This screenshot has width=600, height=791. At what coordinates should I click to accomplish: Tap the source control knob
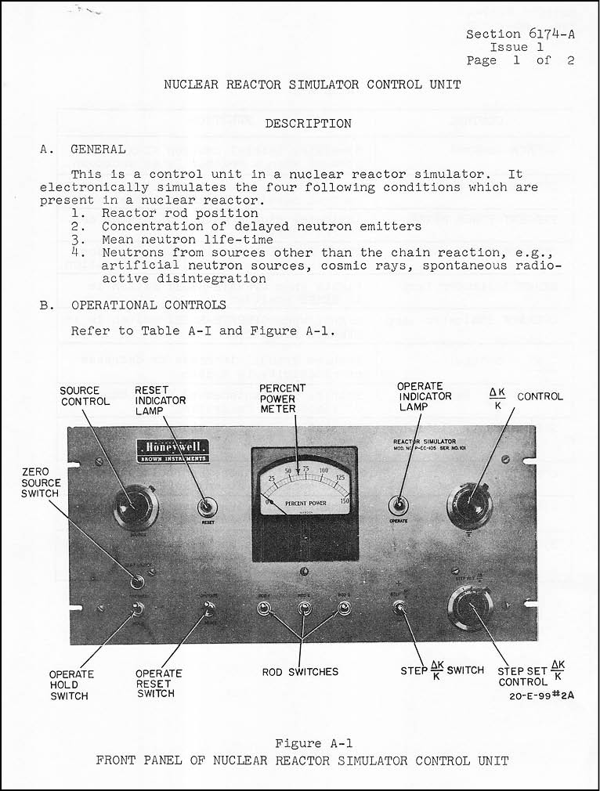coord(135,508)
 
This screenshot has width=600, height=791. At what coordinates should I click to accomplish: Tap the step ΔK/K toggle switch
coord(399,609)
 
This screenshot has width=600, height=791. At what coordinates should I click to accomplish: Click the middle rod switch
coord(303,608)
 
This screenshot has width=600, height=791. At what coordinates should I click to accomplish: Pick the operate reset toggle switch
coord(208,609)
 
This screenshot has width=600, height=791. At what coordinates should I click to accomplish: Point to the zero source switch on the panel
coord(138,581)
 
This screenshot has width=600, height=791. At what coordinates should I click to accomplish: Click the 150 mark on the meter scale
coord(345,500)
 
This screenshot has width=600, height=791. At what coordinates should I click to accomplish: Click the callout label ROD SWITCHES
coord(301,671)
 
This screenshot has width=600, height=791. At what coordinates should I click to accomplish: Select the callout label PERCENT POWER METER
coord(283,399)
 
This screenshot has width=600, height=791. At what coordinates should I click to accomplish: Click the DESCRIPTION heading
coord(308,123)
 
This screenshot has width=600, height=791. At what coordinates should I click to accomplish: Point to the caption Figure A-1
coord(308,743)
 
